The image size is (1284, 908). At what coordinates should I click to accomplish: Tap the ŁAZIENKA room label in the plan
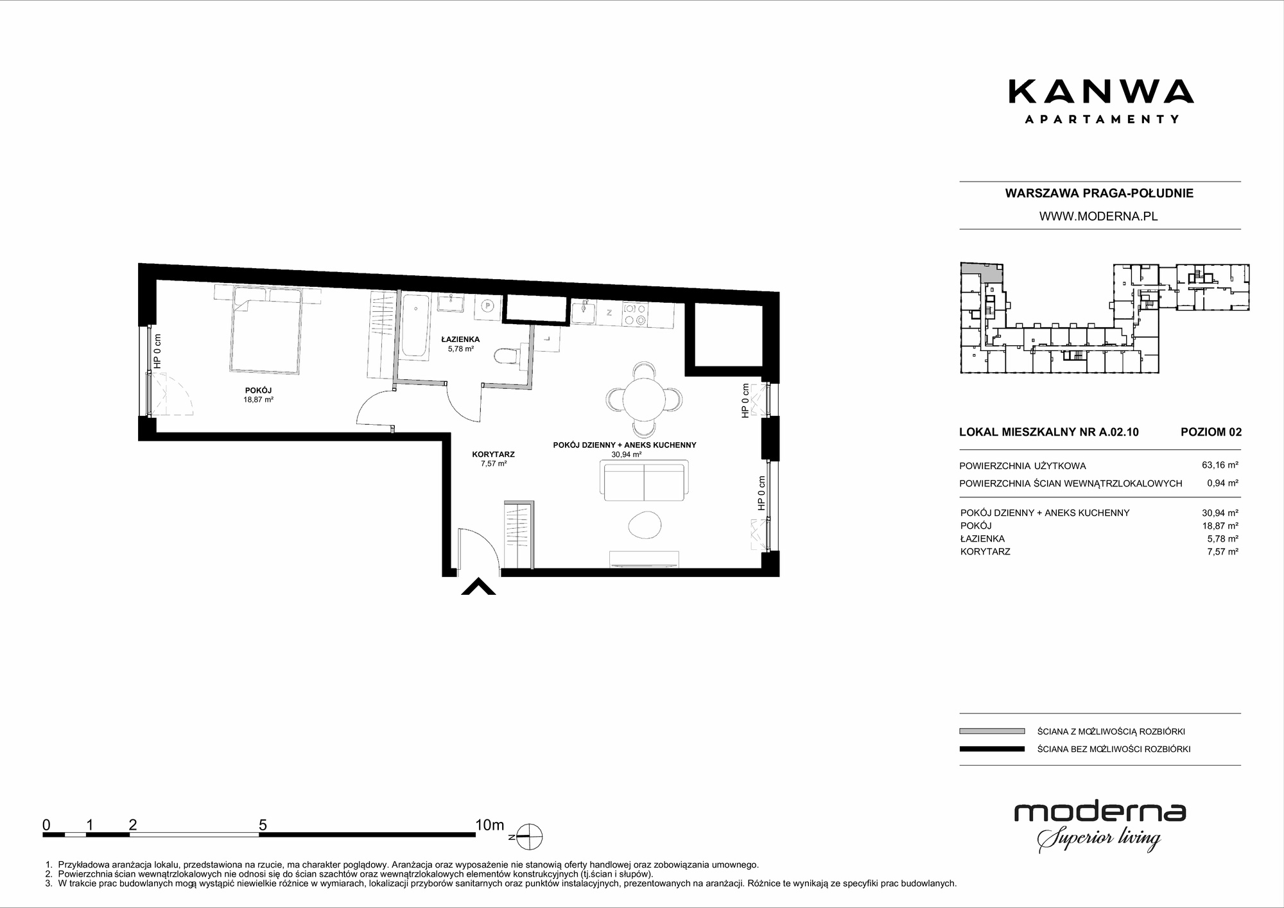[460, 339]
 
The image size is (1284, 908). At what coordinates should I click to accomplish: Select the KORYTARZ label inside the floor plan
[493, 454]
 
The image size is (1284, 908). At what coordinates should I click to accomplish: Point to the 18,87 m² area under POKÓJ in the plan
[258, 399]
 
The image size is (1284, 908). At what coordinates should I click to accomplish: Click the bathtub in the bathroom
[415, 325]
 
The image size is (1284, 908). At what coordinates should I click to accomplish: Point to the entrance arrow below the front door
[478, 587]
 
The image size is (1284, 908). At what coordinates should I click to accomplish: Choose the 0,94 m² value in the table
[1222, 483]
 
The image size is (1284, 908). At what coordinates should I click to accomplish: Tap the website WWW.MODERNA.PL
[1098, 216]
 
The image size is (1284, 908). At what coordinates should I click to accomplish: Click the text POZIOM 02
[1211, 432]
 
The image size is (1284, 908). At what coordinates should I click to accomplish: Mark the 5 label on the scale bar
[263, 825]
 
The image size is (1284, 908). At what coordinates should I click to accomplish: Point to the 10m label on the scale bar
[489, 825]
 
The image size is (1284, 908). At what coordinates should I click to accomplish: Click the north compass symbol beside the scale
[528, 837]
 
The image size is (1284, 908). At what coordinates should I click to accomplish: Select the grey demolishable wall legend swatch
[992, 731]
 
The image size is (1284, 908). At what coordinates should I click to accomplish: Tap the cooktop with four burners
[634, 314]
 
